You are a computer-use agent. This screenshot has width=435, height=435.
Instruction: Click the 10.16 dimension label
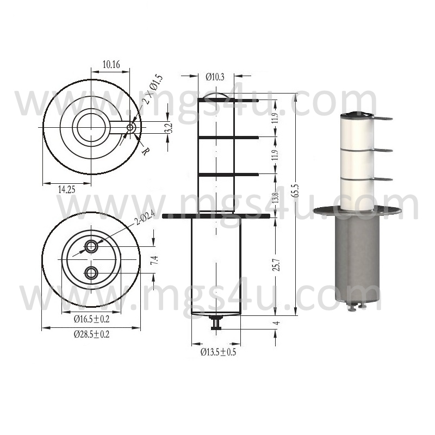click(111, 64)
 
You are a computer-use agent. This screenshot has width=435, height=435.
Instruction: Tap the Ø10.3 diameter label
click(215, 77)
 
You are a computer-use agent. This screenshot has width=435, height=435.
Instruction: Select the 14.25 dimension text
click(66, 189)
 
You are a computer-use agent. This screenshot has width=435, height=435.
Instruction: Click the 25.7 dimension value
click(277, 265)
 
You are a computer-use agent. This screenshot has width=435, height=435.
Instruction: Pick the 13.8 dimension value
click(275, 197)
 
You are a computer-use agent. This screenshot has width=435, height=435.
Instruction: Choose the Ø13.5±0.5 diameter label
click(219, 352)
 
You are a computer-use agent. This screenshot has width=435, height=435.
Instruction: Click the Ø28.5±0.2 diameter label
click(91, 334)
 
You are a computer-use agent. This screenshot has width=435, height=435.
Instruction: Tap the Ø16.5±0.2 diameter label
click(91, 319)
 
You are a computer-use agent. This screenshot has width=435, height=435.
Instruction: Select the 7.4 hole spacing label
click(156, 260)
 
